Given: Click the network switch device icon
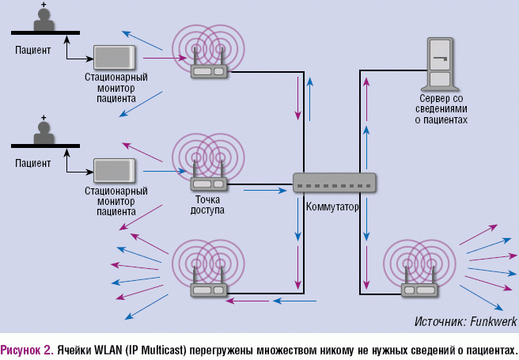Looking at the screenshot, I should pyautogui.click(x=335, y=183).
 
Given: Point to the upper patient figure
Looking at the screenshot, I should pyautogui.click(x=44, y=21).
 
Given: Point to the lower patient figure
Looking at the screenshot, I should pyautogui.click(x=44, y=133).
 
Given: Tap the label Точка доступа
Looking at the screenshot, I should pyautogui.click(x=207, y=205).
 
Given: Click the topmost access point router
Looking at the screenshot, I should pyautogui.click(x=209, y=68).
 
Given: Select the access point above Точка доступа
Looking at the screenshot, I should pyautogui.click(x=209, y=182).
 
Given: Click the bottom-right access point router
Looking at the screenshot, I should pyautogui.click(x=419, y=288).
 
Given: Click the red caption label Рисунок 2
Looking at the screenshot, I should pyautogui.click(x=26, y=348).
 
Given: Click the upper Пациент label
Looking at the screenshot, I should pyautogui.click(x=32, y=51).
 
